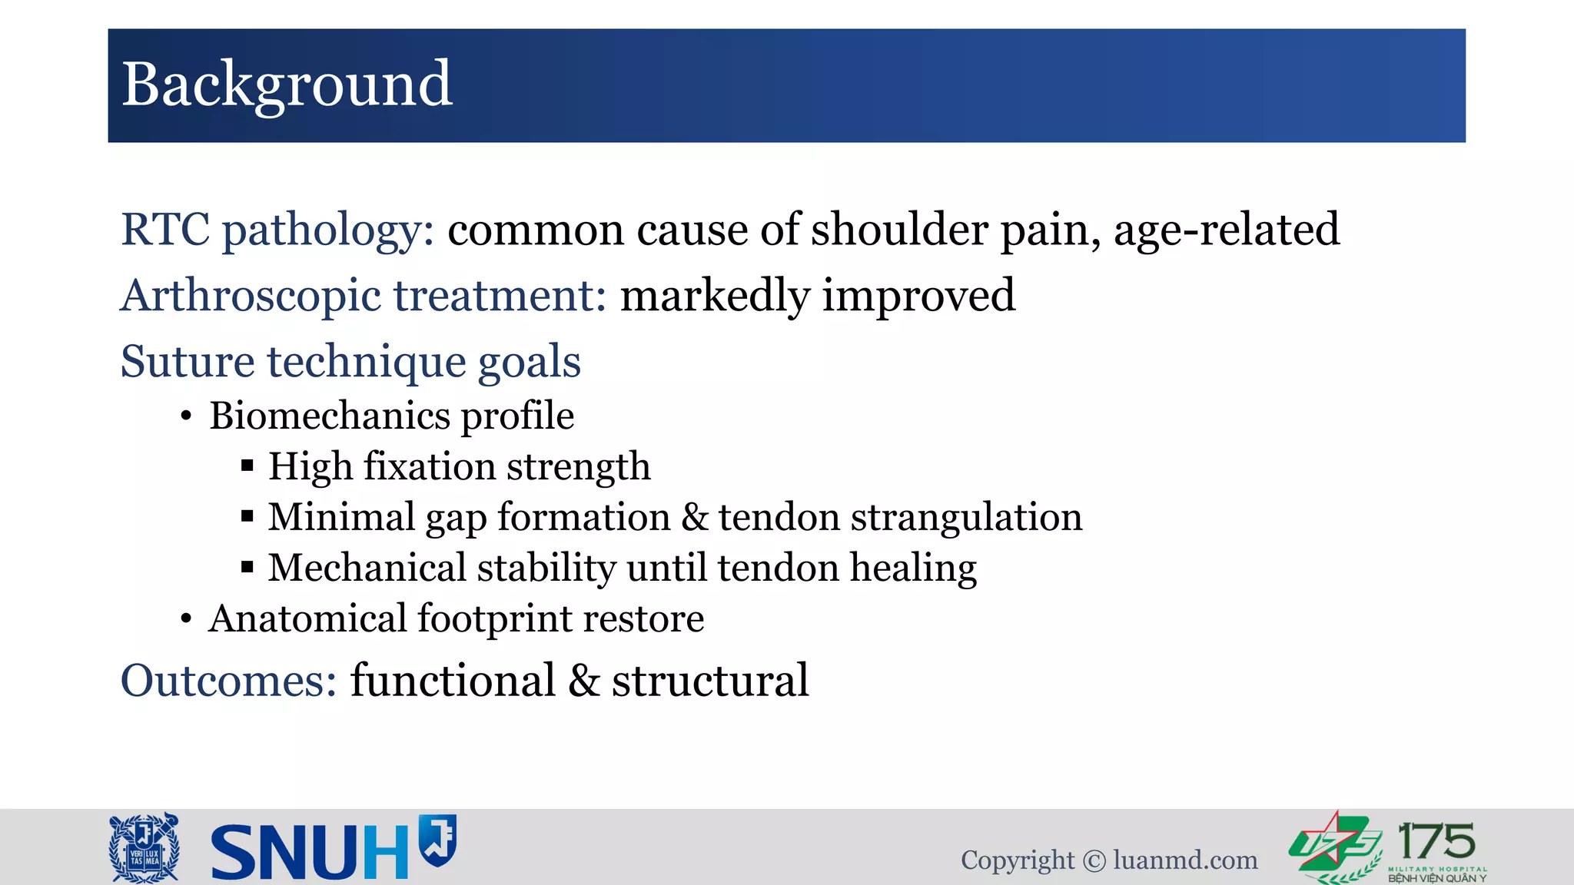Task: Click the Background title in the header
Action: [287, 85]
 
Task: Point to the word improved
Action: [918, 296]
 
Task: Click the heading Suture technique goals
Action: [350, 362]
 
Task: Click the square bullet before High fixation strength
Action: [247, 466]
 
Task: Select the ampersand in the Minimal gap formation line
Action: [694, 517]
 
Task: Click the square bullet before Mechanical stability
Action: [247, 568]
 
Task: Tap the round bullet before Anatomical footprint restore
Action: [186, 620]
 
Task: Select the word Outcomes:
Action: [229, 681]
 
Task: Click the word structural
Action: [709, 681]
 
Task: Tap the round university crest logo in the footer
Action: [144, 847]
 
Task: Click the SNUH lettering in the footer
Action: [309, 852]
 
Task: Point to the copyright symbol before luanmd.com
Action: [1094, 861]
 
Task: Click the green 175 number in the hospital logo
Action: [1436, 841]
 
